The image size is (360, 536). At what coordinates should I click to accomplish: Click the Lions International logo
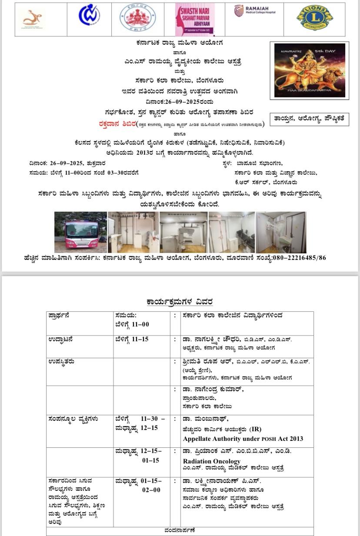[315, 18]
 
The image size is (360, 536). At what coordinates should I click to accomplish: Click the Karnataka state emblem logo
[137, 18]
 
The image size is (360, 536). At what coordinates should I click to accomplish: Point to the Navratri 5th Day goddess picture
[310, 70]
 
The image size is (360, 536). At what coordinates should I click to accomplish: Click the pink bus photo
[80, 232]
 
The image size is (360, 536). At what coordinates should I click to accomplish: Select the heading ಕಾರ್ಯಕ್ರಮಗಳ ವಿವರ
[180, 302]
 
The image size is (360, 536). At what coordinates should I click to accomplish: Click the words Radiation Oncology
[211, 461]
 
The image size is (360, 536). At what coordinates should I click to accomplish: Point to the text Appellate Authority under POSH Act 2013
[243, 439]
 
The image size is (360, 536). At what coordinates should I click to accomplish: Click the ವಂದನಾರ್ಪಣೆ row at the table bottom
[180, 531]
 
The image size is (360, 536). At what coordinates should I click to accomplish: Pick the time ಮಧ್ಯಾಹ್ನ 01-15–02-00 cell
[139, 486]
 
